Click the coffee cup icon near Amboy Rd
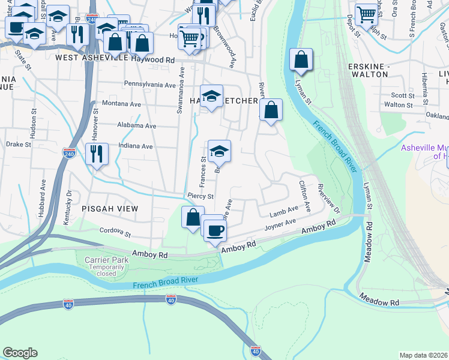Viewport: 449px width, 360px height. point(215,229)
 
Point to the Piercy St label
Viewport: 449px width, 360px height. point(200,196)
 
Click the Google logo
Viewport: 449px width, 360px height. point(20,353)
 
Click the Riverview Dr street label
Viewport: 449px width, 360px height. point(328,200)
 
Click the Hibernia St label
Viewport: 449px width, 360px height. point(426,86)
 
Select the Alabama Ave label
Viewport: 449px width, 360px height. point(137,126)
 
